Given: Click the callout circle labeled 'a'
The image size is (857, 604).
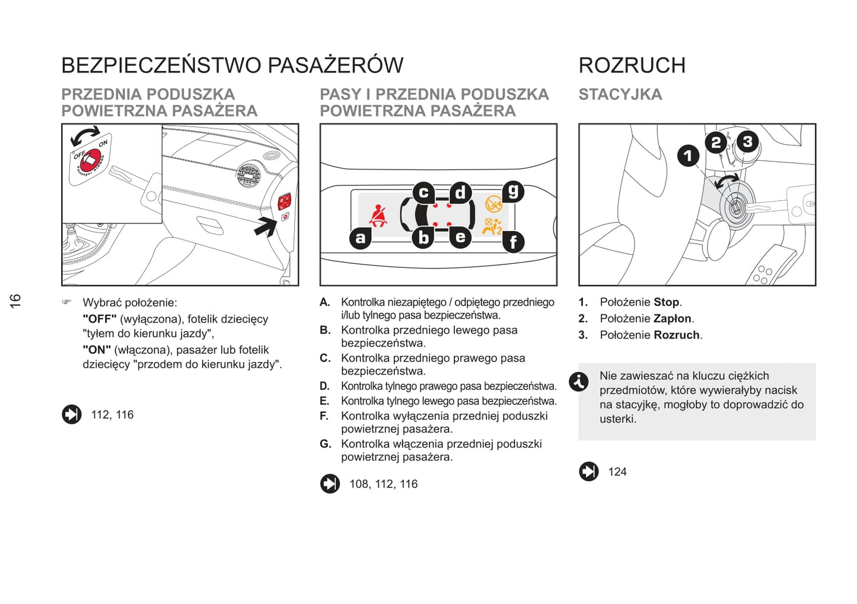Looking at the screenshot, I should click(x=361, y=238).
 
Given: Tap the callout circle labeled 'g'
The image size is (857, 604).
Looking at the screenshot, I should click(x=514, y=191).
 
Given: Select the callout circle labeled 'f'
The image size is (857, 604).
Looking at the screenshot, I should click(x=514, y=242).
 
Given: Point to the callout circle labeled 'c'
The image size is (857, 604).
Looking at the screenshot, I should click(x=423, y=193).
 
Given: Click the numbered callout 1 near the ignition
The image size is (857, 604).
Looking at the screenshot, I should click(x=688, y=156).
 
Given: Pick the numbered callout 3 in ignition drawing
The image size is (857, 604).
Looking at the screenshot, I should click(x=747, y=142).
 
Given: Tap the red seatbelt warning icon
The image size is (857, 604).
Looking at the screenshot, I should click(x=378, y=216).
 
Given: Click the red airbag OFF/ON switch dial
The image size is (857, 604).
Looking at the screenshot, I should click(x=90, y=160).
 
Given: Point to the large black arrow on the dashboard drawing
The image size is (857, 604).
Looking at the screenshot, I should click(x=266, y=226).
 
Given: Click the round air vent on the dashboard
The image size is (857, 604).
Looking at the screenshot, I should click(x=249, y=175).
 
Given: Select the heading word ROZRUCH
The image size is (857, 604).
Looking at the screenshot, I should click(x=632, y=65).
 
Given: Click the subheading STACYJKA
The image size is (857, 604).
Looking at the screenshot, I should click(x=620, y=95).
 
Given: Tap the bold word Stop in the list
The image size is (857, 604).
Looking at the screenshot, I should click(x=666, y=302).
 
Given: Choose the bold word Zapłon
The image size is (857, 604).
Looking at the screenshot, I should click(x=672, y=319).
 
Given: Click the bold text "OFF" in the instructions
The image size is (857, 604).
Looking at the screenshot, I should click(x=100, y=319).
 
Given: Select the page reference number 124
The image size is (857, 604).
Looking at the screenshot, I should click(x=617, y=472).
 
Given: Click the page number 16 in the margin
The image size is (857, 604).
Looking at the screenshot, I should click(x=15, y=301).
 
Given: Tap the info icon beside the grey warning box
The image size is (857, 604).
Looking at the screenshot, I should click(x=578, y=382).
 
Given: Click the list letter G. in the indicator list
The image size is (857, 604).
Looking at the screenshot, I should click(x=325, y=444).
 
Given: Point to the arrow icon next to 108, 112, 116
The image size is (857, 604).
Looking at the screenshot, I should click(x=330, y=484).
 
